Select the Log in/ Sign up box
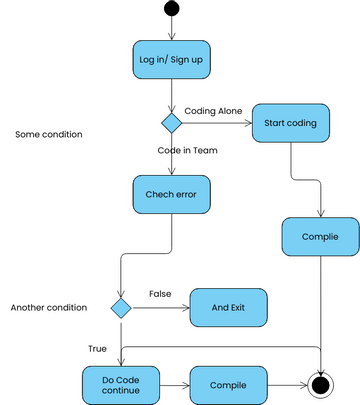pyautogui.click(x=172, y=59)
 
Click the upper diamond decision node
pyautogui.click(x=172, y=123)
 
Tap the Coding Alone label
pyautogui.click(x=213, y=110)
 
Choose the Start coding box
pyautogui.click(x=290, y=123)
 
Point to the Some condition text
pyautogui.click(x=49, y=134)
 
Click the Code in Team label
pyautogui.click(x=187, y=150)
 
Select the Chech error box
pyautogui.click(x=172, y=194)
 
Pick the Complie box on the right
pyautogui.click(x=321, y=237)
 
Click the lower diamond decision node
pyautogui.click(x=121, y=308)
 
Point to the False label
pyautogui.click(x=160, y=293)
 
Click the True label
pyautogui.click(x=96, y=348)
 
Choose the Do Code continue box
pyautogui.click(x=120, y=384)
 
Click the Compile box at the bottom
pyautogui.click(x=228, y=384)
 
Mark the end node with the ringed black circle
pyautogui.click(x=321, y=384)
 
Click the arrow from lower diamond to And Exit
pyautogui.click(x=160, y=308)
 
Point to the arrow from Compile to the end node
pyautogui.click(x=286, y=384)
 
